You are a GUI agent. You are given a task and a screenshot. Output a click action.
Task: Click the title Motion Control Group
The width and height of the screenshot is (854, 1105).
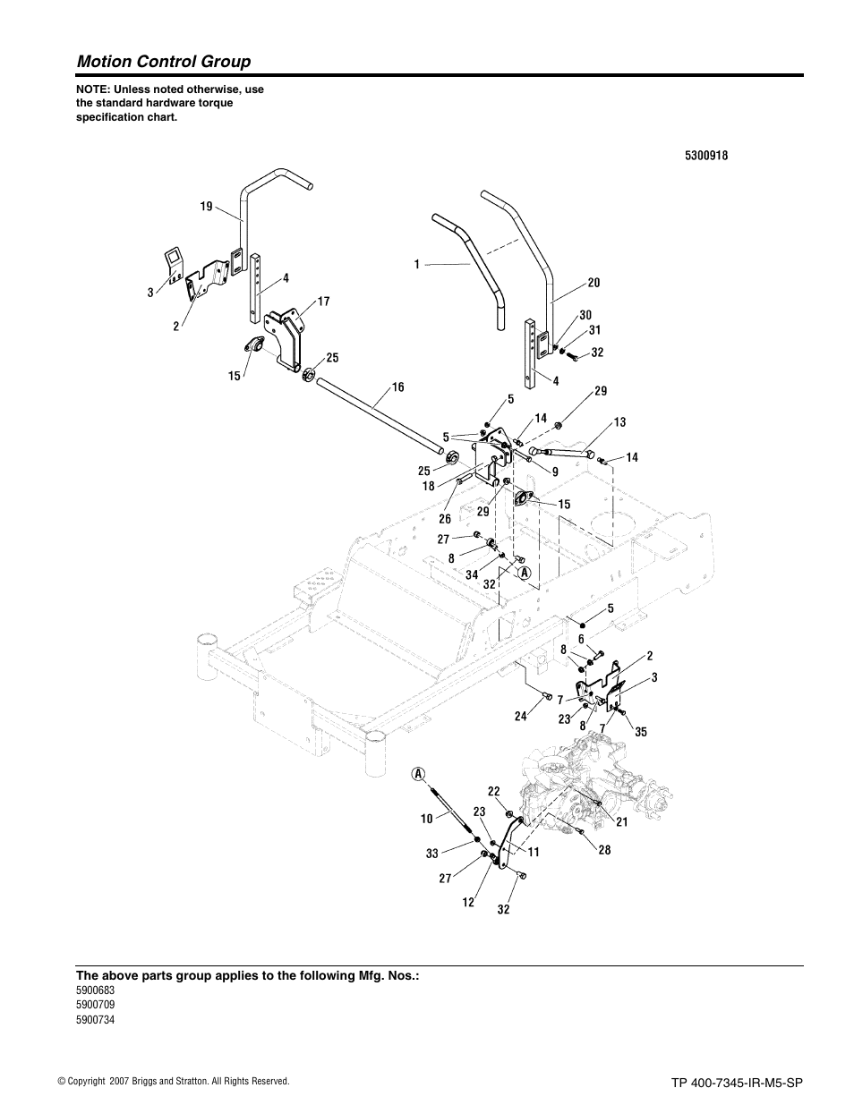pos(164,61)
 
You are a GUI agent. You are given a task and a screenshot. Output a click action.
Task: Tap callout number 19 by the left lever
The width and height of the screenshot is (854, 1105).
pos(206,207)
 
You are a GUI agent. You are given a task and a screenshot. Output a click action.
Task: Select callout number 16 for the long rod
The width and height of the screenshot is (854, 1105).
pos(397,387)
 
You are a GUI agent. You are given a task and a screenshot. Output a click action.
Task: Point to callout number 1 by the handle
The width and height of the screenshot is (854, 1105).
pos(417,264)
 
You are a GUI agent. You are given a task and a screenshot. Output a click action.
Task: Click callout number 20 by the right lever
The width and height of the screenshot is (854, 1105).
pos(594,283)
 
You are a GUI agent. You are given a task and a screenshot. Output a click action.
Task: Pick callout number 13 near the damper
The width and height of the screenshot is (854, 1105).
pos(619,421)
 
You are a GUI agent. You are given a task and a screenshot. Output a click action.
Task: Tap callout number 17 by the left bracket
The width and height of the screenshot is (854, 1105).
pos(323,302)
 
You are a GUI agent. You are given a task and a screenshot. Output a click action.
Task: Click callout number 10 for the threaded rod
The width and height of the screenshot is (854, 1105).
pos(426,819)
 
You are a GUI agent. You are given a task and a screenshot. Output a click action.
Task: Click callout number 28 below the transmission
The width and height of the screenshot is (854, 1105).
pos(604,850)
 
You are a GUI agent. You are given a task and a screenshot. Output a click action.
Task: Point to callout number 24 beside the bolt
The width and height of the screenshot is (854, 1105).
pos(520,716)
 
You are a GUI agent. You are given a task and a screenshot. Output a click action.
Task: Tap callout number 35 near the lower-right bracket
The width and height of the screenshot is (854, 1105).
pos(640,732)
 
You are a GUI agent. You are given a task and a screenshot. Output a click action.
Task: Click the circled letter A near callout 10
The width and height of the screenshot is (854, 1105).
pos(418,773)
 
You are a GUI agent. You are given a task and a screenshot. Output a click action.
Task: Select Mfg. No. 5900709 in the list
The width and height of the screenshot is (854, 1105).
pos(95,1004)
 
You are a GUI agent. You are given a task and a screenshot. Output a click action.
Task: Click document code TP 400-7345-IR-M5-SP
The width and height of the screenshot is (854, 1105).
pos(731,1082)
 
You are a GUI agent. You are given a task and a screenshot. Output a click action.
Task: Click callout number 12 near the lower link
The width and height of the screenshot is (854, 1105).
pos(467,903)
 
